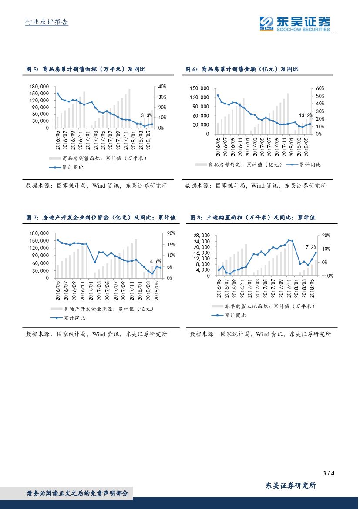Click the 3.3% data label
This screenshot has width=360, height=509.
pos(147,115)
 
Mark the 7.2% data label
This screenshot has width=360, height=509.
pos(311,247)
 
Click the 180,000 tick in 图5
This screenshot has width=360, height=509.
pos(39,87)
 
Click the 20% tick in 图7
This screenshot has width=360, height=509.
pos(171,233)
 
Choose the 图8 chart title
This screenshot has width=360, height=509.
pos(252,217)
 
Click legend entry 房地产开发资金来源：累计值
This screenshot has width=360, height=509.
pos(108,309)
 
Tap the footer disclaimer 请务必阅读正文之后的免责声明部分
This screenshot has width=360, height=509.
pos(77,493)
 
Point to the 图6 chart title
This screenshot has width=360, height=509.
pos(242,69)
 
